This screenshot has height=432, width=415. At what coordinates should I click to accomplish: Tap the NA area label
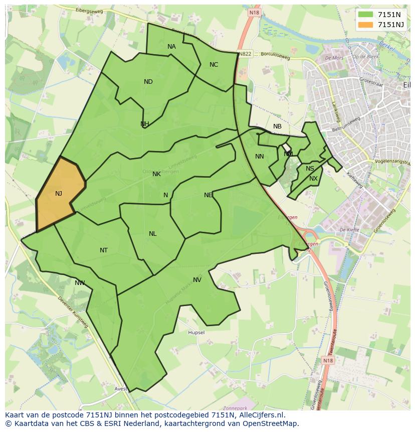(171, 47)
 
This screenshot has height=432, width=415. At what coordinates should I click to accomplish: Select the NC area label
(214, 65)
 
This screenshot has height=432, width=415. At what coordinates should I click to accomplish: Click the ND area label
(148, 82)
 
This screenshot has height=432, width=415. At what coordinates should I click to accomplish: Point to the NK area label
(156, 174)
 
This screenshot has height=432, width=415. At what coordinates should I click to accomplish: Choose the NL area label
(152, 234)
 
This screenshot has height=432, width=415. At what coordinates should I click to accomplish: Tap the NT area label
(103, 250)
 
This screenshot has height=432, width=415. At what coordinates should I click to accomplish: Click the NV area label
(197, 280)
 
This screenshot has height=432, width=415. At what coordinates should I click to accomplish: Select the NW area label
(80, 283)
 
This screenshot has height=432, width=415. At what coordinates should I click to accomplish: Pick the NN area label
(259, 157)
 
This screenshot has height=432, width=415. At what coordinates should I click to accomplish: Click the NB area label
(277, 126)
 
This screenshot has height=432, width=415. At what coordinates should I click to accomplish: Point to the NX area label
(313, 179)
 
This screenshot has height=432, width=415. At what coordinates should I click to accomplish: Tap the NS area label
(310, 169)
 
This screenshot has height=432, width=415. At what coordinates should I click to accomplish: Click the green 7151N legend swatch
(366, 15)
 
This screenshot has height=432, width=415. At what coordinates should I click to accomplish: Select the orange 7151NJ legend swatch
(366, 24)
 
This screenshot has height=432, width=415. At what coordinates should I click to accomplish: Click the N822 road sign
(245, 54)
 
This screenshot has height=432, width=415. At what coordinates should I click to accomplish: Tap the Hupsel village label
(196, 333)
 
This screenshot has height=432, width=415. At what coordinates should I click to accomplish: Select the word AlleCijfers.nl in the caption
(260, 415)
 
